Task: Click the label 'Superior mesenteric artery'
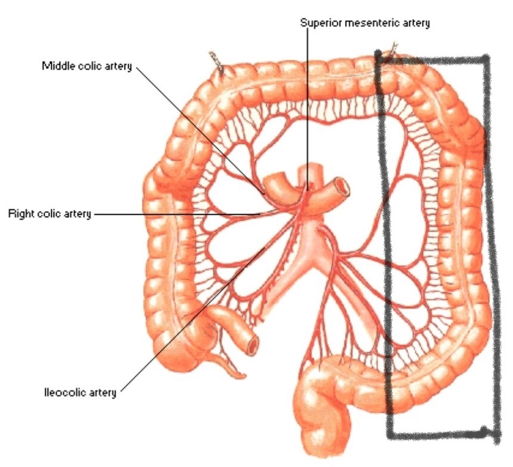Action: (x=365, y=23)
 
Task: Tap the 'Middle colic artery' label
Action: (x=86, y=65)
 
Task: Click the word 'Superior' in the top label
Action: (x=319, y=23)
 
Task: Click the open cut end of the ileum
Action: (x=254, y=344)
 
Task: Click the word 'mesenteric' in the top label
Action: (x=374, y=23)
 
